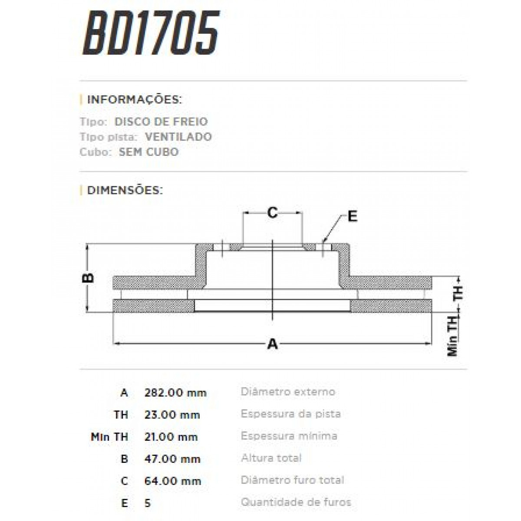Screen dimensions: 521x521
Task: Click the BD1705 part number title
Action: [x=151, y=33]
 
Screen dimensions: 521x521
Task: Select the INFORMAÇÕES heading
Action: [x=134, y=99]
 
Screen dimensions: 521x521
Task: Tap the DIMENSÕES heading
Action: [x=125, y=190]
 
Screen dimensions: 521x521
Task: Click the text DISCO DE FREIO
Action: [x=161, y=122]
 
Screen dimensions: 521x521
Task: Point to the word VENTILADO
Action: [x=178, y=137]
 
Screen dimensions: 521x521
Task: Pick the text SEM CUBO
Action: [x=148, y=152]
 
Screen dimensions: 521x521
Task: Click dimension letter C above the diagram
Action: [x=272, y=213]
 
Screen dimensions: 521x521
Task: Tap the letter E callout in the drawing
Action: [x=352, y=216]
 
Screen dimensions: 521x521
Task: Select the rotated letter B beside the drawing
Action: [x=89, y=278]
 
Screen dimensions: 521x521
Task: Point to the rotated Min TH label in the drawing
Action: [x=453, y=336]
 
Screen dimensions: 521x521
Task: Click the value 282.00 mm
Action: [x=175, y=393]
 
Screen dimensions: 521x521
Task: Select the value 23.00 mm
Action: [x=172, y=415]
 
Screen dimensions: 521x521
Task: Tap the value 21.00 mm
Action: [x=171, y=437]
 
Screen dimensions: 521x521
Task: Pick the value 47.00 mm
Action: [x=172, y=459]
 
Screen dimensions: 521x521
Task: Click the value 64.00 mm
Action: [x=173, y=481]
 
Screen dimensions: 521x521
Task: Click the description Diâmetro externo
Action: [x=288, y=392]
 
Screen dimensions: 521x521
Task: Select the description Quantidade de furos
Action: [x=296, y=502]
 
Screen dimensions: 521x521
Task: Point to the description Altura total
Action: [x=271, y=458]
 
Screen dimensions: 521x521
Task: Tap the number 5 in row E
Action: [x=148, y=503]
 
